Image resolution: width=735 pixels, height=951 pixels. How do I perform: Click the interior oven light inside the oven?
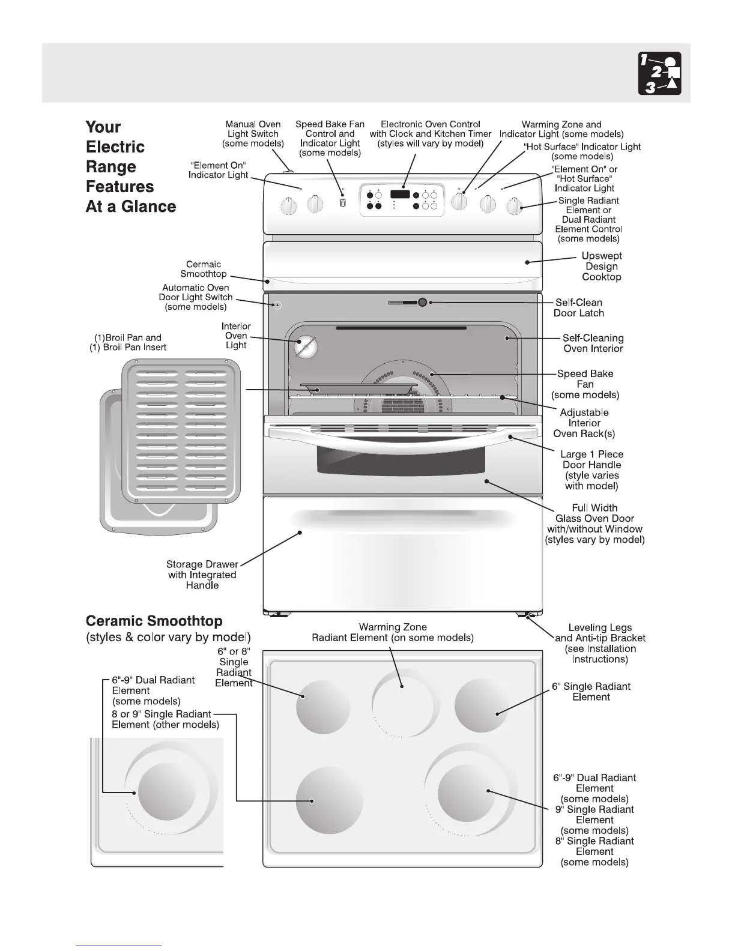305,346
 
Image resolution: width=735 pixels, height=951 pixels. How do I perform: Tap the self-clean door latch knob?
422,302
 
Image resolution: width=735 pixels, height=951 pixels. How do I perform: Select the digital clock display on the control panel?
400,195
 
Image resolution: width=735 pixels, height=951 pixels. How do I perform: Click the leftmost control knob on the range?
289,206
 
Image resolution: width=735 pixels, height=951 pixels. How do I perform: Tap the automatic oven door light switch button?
277,305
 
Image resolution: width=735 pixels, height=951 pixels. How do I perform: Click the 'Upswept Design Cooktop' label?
602,267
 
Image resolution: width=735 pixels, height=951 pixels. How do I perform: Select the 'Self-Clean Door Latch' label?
579,307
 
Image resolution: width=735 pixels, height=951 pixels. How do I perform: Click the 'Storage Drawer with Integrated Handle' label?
202,575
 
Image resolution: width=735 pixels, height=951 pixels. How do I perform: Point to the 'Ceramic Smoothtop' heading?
154,621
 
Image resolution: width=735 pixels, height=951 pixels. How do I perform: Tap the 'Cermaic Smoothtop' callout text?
204,269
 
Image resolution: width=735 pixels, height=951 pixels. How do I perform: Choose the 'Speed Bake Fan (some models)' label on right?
585,384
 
